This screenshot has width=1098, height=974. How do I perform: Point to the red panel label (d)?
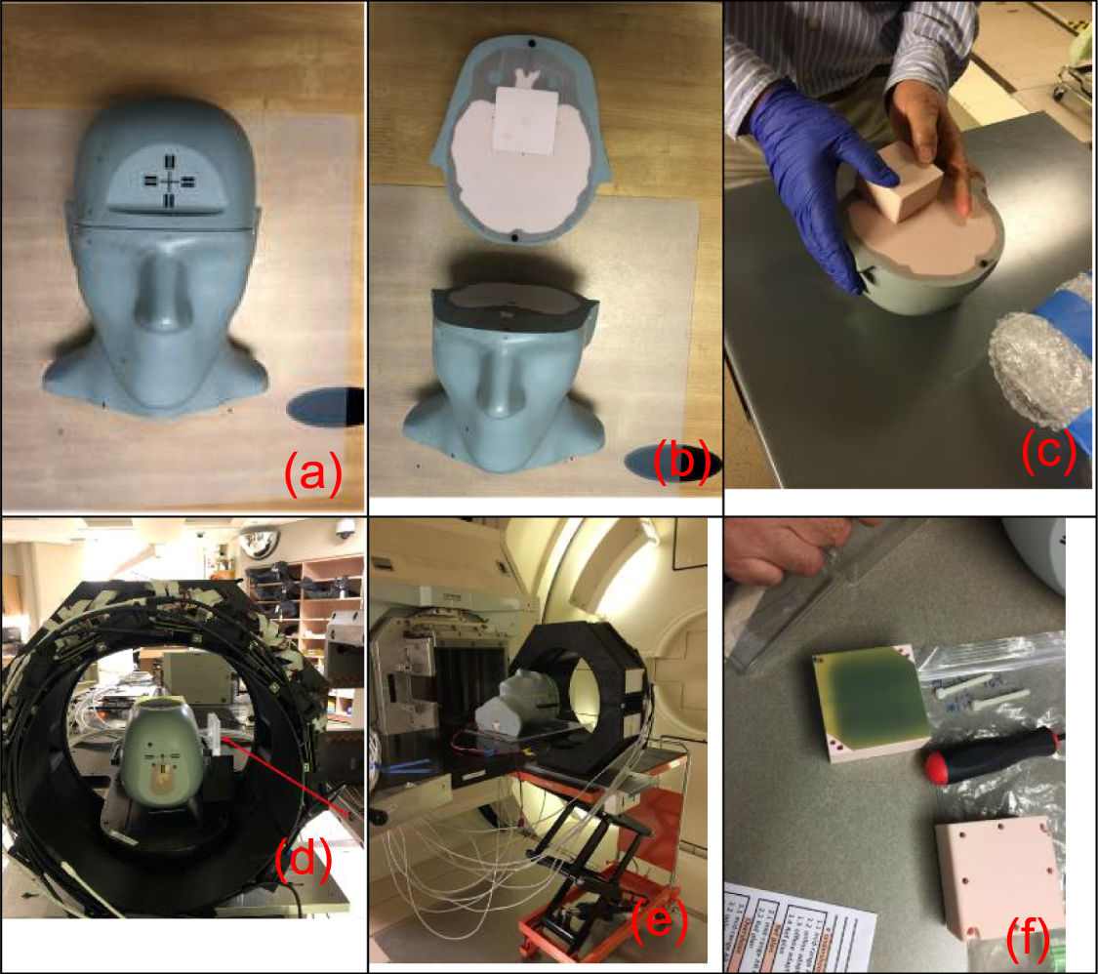coord(302,860)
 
